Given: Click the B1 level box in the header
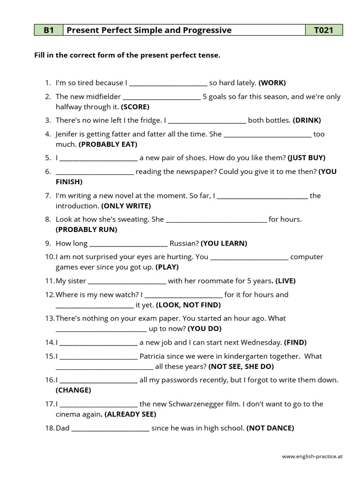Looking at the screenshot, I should click(x=49, y=30).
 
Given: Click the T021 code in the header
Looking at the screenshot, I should click(x=324, y=30).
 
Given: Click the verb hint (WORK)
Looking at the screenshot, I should click(x=272, y=83).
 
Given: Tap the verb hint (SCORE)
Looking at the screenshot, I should click(x=135, y=106).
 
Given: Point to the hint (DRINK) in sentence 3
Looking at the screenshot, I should click(x=307, y=120).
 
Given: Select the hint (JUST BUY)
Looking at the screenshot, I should click(x=307, y=157).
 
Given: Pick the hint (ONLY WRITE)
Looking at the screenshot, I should click(x=126, y=206).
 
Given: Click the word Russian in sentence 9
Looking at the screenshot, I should click(x=184, y=243).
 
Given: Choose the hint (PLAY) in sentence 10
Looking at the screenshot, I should click(x=167, y=267).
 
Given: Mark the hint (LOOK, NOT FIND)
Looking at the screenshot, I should click(x=188, y=305).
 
